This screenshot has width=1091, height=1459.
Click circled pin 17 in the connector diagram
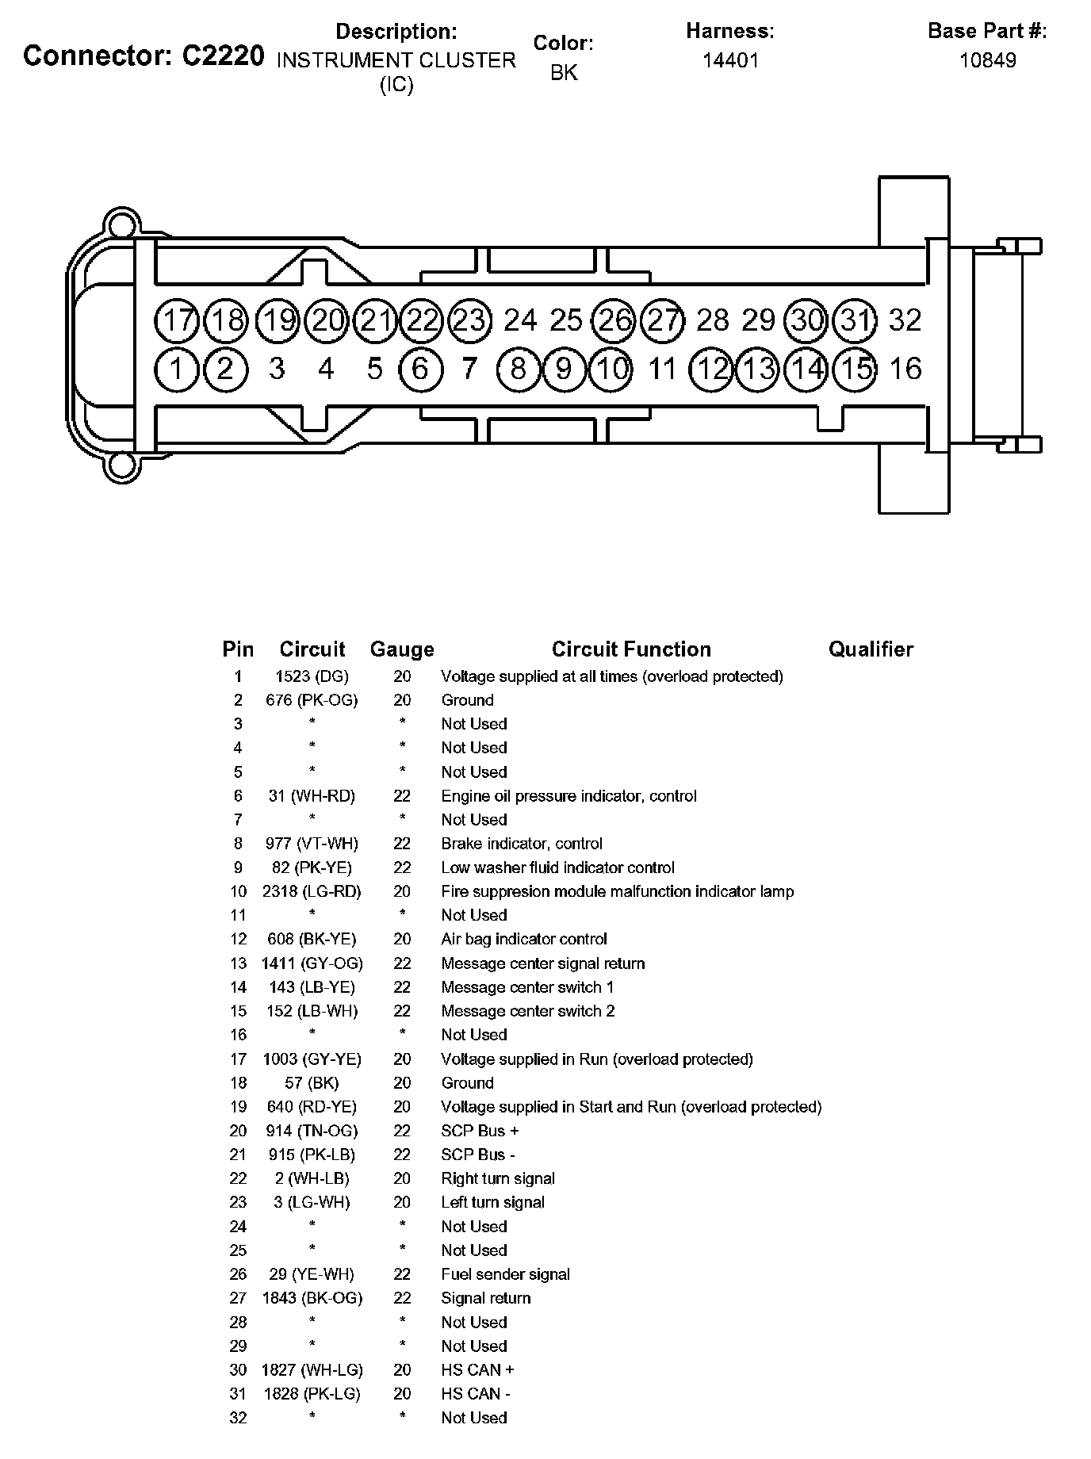click(178, 320)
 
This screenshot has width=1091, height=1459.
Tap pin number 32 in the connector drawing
click(905, 320)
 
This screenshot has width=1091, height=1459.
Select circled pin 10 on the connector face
click(611, 369)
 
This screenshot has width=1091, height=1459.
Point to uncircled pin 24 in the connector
click(520, 320)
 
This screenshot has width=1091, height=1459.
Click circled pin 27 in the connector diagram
click(663, 320)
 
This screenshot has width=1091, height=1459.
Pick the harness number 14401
click(730, 60)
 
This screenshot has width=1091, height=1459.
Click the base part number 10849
click(987, 60)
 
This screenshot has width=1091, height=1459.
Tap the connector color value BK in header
click(564, 73)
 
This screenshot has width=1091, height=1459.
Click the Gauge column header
click(402, 649)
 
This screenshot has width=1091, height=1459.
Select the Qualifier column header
click(871, 649)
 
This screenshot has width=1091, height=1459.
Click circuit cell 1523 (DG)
click(312, 676)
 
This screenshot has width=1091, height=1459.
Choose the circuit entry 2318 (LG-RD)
click(312, 891)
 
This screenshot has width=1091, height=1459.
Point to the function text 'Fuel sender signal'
click(505, 1274)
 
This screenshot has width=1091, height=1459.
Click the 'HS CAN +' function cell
click(477, 1369)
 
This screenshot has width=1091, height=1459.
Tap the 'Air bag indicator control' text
click(524, 939)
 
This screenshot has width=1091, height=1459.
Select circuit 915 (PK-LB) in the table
click(312, 1155)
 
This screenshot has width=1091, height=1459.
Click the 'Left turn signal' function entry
click(492, 1202)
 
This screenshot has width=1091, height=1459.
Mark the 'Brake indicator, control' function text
click(522, 844)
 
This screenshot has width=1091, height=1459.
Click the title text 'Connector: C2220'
click(144, 56)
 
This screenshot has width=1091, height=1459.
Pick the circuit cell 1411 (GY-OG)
click(312, 963)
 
